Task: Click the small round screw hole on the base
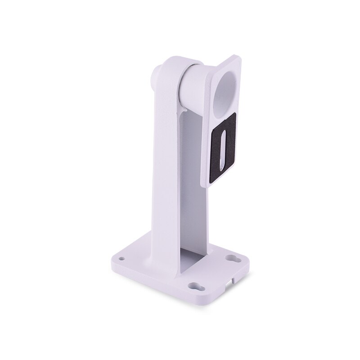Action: (122, 259)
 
